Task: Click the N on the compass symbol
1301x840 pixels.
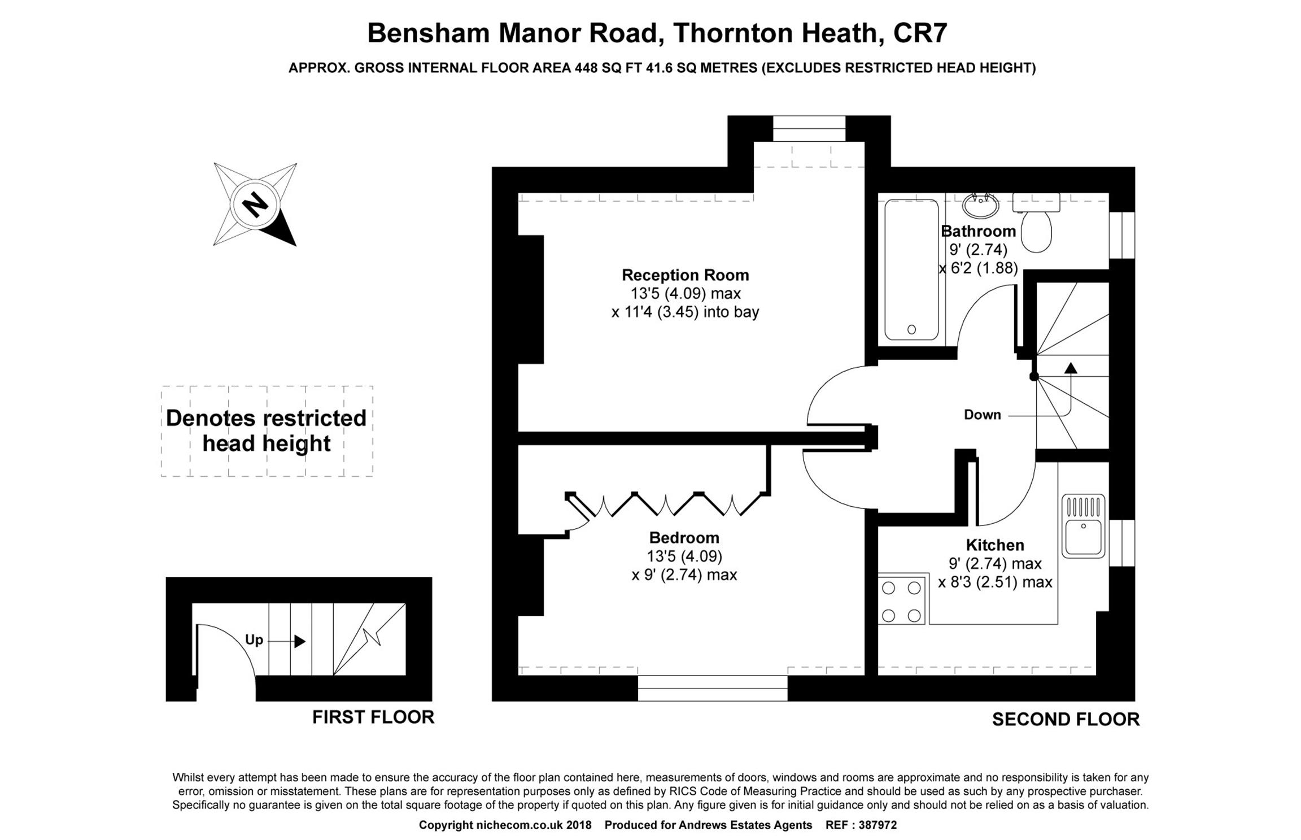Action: tap(255, 204)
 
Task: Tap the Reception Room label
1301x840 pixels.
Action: tap(685, 275)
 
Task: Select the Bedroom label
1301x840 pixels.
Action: tap(684, 537)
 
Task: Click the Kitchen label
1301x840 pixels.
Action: tap(995, 545)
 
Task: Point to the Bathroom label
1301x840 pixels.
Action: tap(979, 231)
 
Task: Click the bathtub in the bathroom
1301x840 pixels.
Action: tap(911, 269)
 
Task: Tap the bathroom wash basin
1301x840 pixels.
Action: tap(981, 204)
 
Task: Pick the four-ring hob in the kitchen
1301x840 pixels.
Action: tap(902, 601)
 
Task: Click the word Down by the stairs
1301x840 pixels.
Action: tap(983, 415)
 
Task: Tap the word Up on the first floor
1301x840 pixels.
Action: tap(254, 640)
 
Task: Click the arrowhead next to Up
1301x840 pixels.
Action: tap(300, 641)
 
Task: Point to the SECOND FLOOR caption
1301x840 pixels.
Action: tap(1066, 719)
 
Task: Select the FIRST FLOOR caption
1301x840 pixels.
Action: tap(373, 717)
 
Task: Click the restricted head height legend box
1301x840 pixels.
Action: tap(267, 431)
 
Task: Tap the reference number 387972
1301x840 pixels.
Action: tap(877, 825)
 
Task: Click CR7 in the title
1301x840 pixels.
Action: tap(920, 33)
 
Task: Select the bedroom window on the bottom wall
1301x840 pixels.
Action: tap(713, 688)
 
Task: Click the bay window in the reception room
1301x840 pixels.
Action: tap(809, 129)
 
